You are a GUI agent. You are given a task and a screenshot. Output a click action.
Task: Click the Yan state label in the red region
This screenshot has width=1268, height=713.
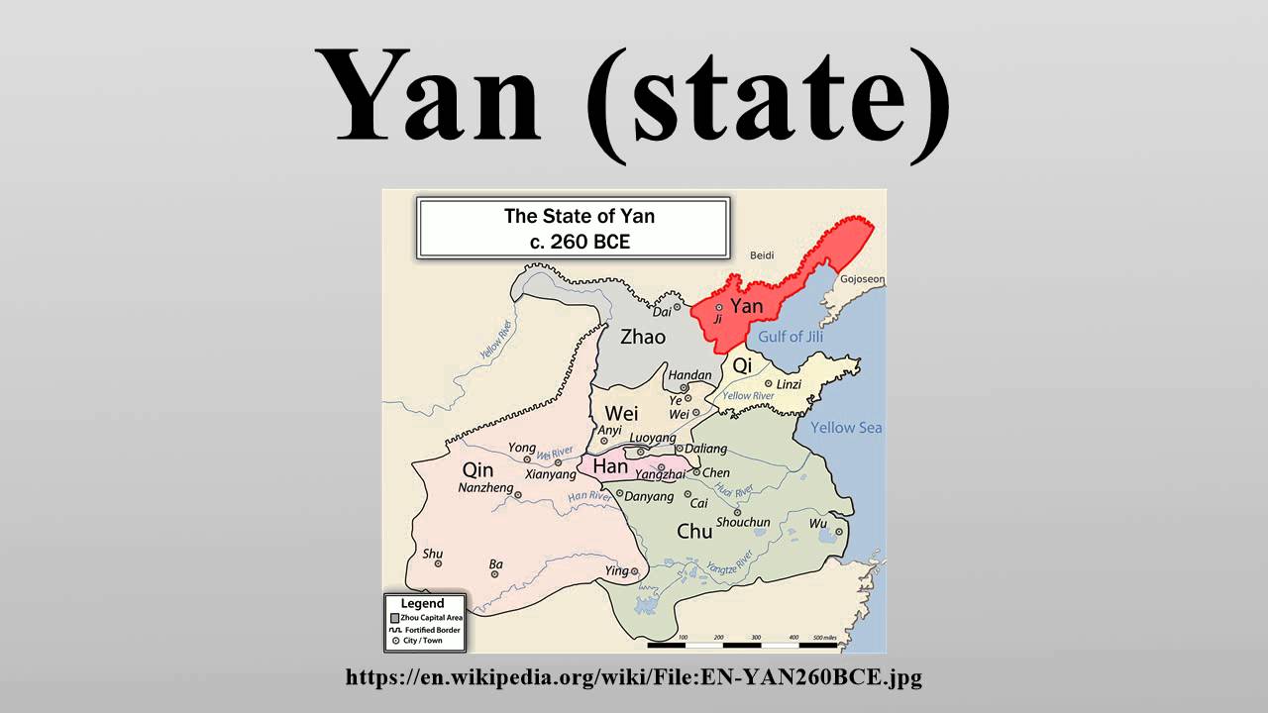click(746, 306)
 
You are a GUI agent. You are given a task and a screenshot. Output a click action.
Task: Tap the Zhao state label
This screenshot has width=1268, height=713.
click(643, 337)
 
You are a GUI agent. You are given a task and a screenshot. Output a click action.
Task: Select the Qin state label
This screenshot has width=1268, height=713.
click(477, 469)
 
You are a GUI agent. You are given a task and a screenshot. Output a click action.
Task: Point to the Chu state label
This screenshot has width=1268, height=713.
click(694, 532)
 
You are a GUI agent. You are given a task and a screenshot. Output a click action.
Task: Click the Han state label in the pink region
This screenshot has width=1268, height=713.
click(610, 465)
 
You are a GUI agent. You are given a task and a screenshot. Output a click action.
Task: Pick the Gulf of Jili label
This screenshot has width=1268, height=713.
click(791, 337)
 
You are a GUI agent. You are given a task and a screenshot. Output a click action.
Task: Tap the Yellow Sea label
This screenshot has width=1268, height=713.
click(846, 428)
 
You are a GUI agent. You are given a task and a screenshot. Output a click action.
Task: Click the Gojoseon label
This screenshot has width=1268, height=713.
click(861, 279)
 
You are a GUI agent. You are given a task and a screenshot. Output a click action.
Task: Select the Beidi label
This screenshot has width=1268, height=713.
click(762, 255)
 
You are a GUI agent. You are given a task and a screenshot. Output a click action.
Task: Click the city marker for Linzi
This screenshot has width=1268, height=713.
click(768, 383)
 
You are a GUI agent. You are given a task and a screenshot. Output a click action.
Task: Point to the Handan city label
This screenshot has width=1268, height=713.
click(689, 375)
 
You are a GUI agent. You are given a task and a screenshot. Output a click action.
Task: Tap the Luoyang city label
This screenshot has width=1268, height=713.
click(652, 438)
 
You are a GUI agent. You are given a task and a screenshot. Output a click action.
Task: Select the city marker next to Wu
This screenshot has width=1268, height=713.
click(838, 532)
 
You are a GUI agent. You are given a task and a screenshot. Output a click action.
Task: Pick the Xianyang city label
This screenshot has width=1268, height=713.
click(550, 474)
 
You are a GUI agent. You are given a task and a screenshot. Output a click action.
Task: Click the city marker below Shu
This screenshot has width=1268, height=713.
click(438, 563)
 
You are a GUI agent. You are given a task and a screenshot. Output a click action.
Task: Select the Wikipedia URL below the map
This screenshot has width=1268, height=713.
click(634, 678)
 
